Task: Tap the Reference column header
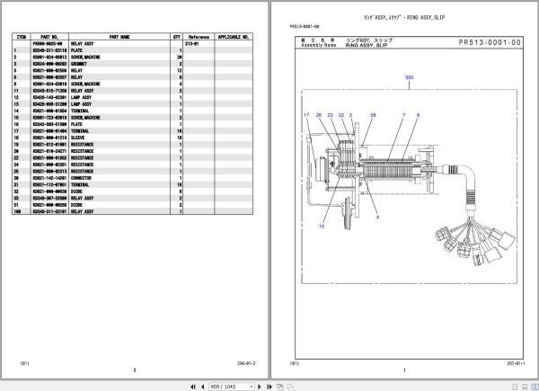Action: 198,37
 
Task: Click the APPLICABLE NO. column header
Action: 234,37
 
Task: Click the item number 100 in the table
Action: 17,212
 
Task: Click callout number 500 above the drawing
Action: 409,78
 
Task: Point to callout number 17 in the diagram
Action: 305,116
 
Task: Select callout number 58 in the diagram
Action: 373,116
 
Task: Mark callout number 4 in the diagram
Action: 376,218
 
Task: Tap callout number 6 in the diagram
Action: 416,116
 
